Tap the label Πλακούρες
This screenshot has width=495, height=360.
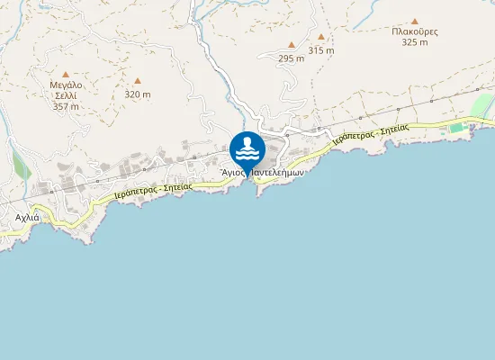click(x=415, y=31)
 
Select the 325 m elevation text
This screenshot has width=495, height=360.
click(x=415, y=42)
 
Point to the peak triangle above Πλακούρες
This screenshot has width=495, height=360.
click(x=415, y=21)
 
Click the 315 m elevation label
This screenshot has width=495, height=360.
click(x=321, y=51)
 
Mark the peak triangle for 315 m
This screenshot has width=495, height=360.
click(x=321, y=39)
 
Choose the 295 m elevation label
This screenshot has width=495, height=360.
click(x=292, y=58)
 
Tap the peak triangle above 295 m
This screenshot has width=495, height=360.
click(x=292, y=45)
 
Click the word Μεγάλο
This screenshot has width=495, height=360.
click(x=66, y=85)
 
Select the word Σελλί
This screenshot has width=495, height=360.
click(x=66, y=95)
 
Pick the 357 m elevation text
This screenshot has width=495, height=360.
click(x=66, y=106)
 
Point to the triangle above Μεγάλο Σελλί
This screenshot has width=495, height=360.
click(x=66, y=74)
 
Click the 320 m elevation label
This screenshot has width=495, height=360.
click(x=138, y=94)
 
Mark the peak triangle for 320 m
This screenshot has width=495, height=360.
click(x=138, y=81)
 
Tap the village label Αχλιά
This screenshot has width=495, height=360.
click(x=27, y=218)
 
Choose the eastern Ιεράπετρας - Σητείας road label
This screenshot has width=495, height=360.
click(x=370, y=135)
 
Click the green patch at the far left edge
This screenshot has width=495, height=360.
click(x=20, y=162)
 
